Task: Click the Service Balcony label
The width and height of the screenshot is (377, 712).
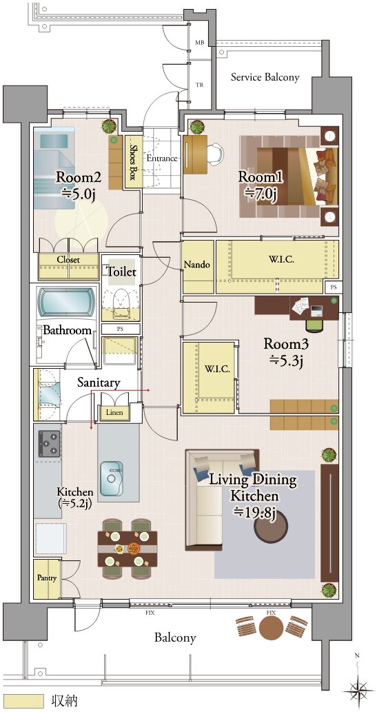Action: [265, 77]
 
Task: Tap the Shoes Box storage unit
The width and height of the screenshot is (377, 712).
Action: [133, 162]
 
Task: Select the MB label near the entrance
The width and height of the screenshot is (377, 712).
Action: [199, 43]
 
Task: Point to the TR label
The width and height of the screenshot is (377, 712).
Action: [199, 85]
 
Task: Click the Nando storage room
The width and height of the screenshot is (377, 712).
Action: [198, 267]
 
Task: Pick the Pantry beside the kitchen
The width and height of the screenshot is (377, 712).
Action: [48, 578]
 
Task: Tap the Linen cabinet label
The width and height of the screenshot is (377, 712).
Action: [114, 412]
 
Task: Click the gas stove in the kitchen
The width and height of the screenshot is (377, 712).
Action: [50, 443]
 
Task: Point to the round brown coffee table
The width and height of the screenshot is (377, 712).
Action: [271, 527]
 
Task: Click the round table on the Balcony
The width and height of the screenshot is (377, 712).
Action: [271, 629]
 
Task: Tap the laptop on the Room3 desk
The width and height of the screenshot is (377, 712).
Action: [316, 311]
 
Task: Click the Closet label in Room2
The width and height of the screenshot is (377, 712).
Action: [68, 260]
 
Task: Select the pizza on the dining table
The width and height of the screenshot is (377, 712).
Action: [134, 548]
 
